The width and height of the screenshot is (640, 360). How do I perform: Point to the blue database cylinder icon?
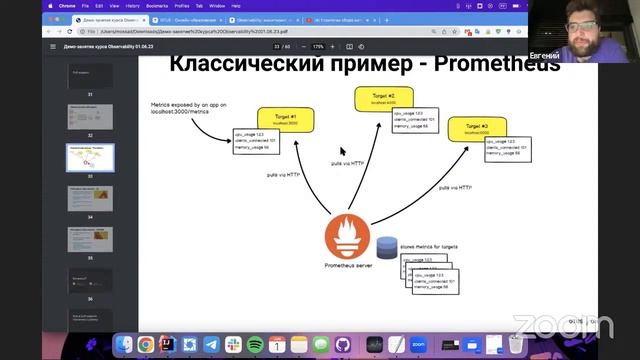[387, 244]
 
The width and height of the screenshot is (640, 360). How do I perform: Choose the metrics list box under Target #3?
[508, 148]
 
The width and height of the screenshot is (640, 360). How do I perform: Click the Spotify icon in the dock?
[255, 344]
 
